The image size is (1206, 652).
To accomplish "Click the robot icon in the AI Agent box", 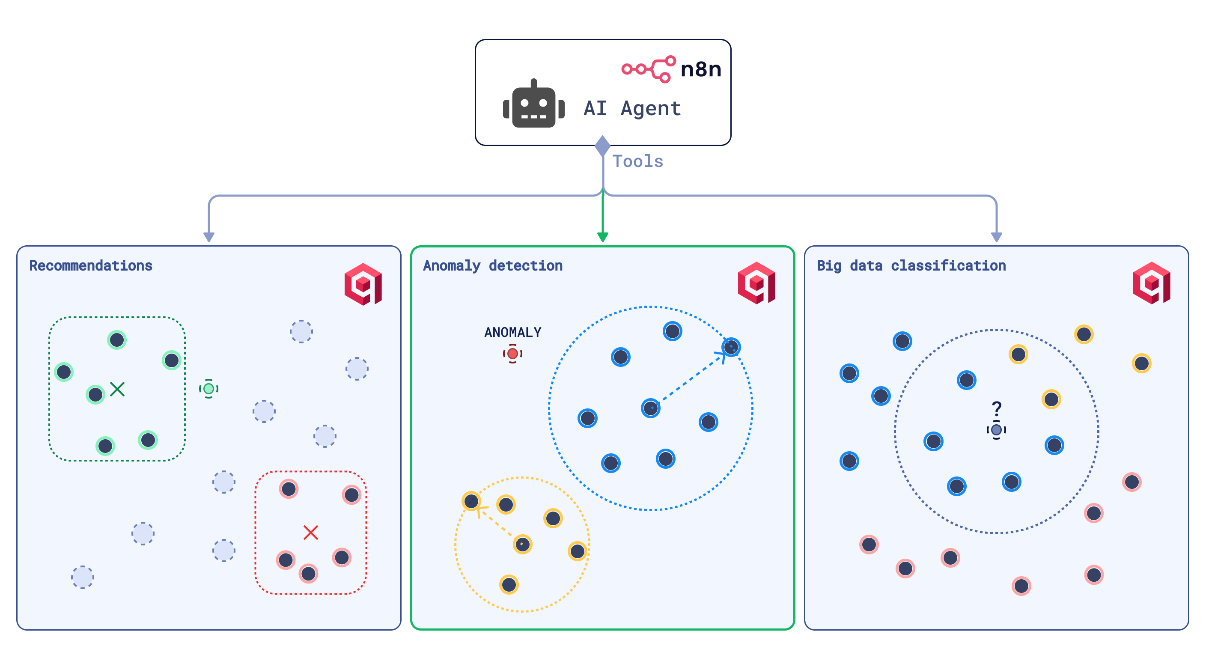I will [x=534, y=105].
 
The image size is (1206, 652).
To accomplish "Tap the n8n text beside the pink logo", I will [x=701, y=69].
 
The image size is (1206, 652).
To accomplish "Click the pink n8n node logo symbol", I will [x=649, y=69].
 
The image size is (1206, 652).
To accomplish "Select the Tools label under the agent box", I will [x=637, y=161].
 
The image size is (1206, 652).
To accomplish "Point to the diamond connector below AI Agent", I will [x=602, y=146].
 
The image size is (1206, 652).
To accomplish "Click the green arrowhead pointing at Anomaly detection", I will [x=602, y=237].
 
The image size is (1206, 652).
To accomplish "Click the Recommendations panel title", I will [x=91, y=265].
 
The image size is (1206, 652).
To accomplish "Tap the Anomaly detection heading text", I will [x=492, y=265].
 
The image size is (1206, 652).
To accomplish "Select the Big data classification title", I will [x=911, y=265].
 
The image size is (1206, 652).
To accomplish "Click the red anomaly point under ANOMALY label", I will [x=512, y=353].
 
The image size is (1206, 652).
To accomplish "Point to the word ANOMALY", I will [x=512, y=332].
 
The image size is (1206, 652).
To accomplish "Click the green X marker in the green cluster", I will [x=117, y=389].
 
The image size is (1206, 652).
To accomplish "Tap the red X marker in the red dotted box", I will [x=310, y=532].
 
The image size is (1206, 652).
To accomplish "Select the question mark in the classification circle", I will [x=997, y=408].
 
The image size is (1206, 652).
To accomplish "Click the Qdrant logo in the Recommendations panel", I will [x=363, y=284].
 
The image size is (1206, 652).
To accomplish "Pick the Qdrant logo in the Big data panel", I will [x=1151, y=283].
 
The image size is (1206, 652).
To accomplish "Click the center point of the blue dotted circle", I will [x=651, y=408].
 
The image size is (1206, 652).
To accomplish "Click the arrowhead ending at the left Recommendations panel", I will [x=209, y=237].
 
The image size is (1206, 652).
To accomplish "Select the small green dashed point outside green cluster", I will [x=209, y=388].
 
